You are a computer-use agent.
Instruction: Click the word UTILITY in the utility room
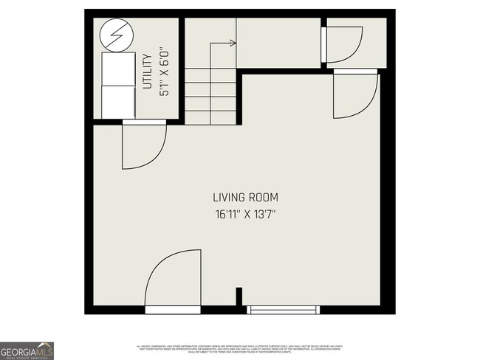click(147, 72)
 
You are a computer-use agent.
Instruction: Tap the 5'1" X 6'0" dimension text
click(165, 72)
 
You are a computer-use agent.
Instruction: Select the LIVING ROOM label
click(245, 198)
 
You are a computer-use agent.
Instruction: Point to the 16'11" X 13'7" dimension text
click(245, 215)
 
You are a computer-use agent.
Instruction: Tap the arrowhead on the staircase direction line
click(233, 44)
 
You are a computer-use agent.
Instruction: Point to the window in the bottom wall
click(284, 310)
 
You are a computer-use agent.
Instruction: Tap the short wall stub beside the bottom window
click(239, 296)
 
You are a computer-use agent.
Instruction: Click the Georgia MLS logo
click(27, 350)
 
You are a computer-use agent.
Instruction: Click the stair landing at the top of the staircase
click(278, 44)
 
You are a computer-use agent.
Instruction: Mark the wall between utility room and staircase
click(182, 70)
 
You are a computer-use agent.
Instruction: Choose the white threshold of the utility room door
click(144, 122)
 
